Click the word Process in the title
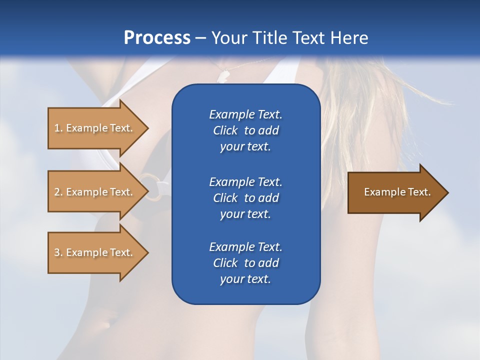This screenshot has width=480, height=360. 157,38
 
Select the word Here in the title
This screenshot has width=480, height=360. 349,38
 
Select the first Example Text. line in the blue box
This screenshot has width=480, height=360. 245,114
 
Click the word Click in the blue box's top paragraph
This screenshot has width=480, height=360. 225,130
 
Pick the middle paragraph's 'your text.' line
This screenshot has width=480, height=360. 245,214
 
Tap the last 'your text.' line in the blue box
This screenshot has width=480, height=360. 245,279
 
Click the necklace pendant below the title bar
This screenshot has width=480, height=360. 222,75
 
